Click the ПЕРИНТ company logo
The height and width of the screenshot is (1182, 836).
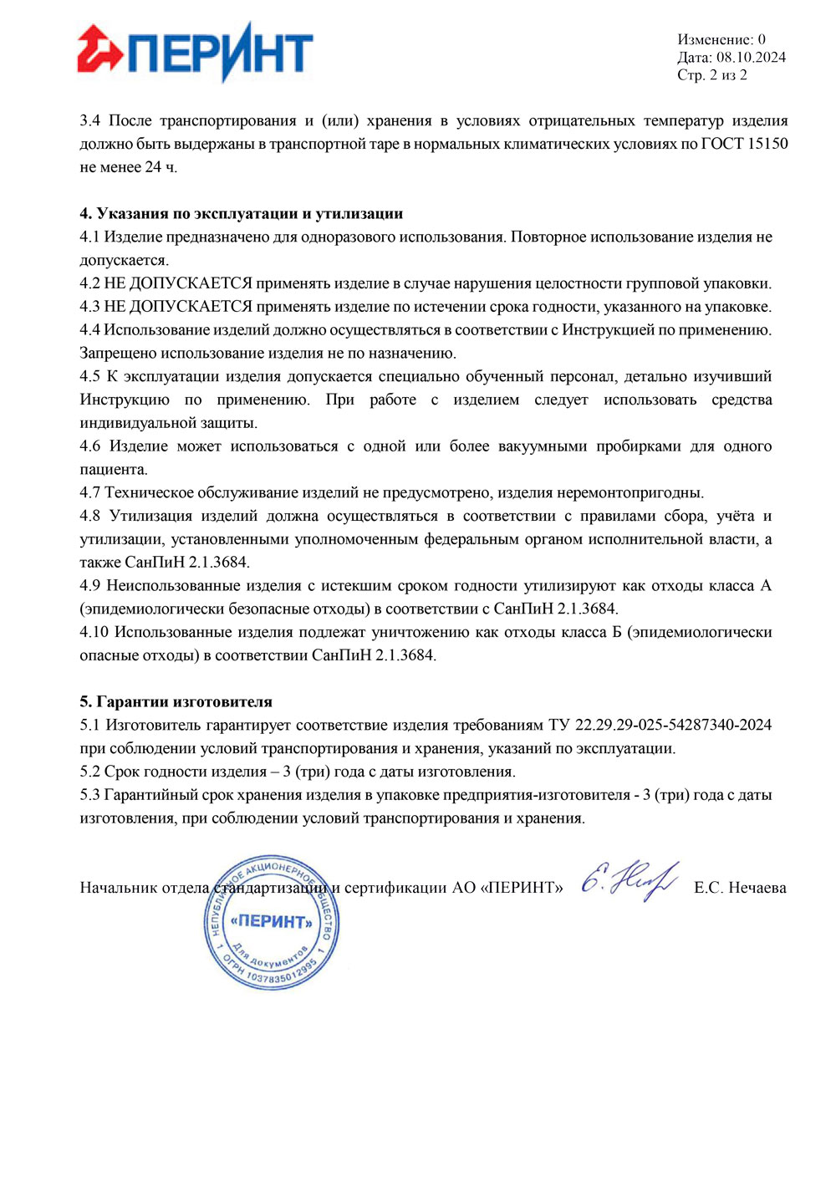195,53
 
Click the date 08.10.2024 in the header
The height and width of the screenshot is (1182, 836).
751,58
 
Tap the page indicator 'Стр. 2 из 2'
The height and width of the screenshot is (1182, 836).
712,75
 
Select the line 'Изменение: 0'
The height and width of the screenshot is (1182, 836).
721,39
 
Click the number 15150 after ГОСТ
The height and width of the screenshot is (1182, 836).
767,144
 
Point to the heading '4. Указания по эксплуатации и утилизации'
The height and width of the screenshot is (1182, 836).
242,214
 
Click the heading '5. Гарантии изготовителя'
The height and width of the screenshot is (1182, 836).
176,702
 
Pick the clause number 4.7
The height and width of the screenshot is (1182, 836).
89,493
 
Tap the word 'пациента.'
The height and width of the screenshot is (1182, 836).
114,470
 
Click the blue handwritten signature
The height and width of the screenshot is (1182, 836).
629,881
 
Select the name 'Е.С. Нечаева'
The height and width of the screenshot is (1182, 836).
740,888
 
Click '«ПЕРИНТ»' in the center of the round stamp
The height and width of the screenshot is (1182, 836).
272,922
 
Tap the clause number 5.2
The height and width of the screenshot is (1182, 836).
89,772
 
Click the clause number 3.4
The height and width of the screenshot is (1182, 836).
90,121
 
